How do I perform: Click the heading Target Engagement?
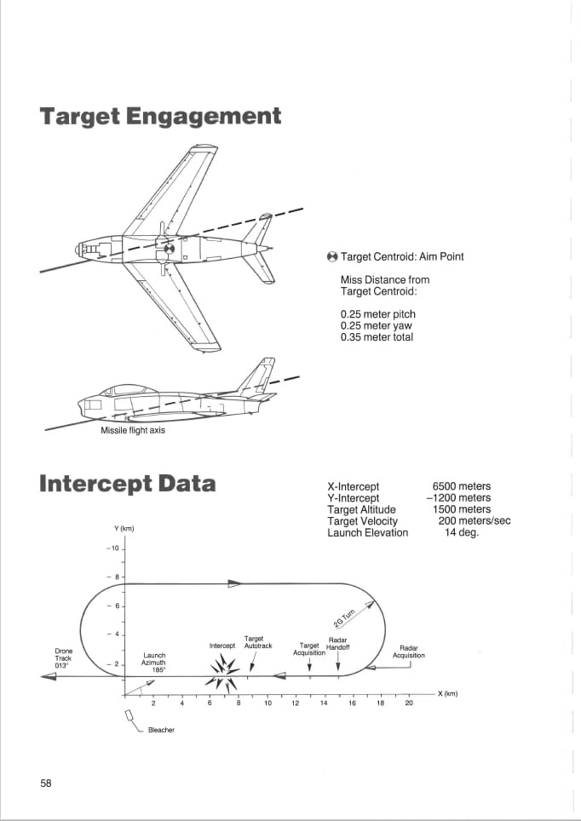pyautogui.click(x=160, y=117)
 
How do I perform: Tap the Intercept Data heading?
pyautogui.click(x=127, y=484)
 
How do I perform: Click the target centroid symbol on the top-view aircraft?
pyautogui.click(x=169, y=249)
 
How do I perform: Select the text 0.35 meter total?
pyautogui.click(x=377, y=337)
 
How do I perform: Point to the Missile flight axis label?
pyautogui.click(x=133, y=431)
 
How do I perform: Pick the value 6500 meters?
pyautogui.click(x=462, y=486)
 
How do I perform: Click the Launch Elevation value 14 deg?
pyautogui.click(x=462, y=533)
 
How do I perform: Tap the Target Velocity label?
pyautogui.click(x=363, y=521)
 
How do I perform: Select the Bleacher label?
pyautogui.click(x=161, y=730)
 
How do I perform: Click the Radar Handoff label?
pyautogui.click(x=338, y=644)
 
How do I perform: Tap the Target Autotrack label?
pyautogui.click(x=258, y=642)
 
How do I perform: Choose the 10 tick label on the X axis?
pyautogui.click(x=267, y=703)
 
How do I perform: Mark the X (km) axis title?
pyautogui.click(x=447, y=694)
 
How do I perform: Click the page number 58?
pyautogui.click(x=46, y=784)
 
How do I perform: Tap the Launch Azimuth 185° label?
pyautogui.click(x=153, y=663)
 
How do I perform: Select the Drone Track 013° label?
pyautogui.click(x=63, y=658)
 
